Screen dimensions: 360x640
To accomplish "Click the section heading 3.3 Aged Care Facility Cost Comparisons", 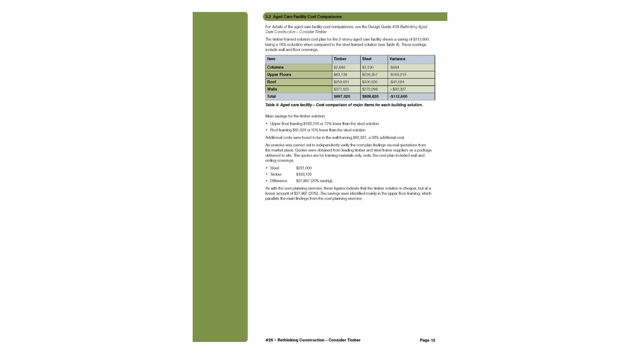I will click(303, 17).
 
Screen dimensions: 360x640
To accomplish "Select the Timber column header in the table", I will click(340, 59).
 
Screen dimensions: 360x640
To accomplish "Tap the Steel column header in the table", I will click(367, 59).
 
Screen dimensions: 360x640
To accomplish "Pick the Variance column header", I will click(397, 59).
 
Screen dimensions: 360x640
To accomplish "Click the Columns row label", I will click(275, 67).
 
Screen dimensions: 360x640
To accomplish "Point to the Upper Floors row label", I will click(279, 75).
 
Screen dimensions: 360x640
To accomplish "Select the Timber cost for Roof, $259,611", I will click(341, 82).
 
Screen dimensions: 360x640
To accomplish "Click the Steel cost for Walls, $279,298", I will click(370, 89).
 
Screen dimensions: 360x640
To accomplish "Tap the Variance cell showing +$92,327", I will click(398, 89).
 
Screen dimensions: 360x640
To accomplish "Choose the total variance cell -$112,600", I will click(398, 97).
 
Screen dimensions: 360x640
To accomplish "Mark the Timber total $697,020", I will click(342, 97).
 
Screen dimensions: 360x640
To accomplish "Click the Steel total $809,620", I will click(370, 97).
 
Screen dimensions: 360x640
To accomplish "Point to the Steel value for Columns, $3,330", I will click(368, 67).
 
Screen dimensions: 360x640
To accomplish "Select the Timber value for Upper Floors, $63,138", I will click(340, 75).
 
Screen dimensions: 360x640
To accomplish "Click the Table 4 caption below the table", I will click(344, 105).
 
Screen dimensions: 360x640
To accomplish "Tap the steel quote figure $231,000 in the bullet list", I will click(304, 168).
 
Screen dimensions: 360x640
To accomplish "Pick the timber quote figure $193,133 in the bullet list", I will click(304, 174).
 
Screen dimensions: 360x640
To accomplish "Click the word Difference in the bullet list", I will click(279, 181).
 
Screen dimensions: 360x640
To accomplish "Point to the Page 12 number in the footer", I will click(427, 340).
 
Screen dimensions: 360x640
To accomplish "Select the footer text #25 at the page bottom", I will click(269, 340).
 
